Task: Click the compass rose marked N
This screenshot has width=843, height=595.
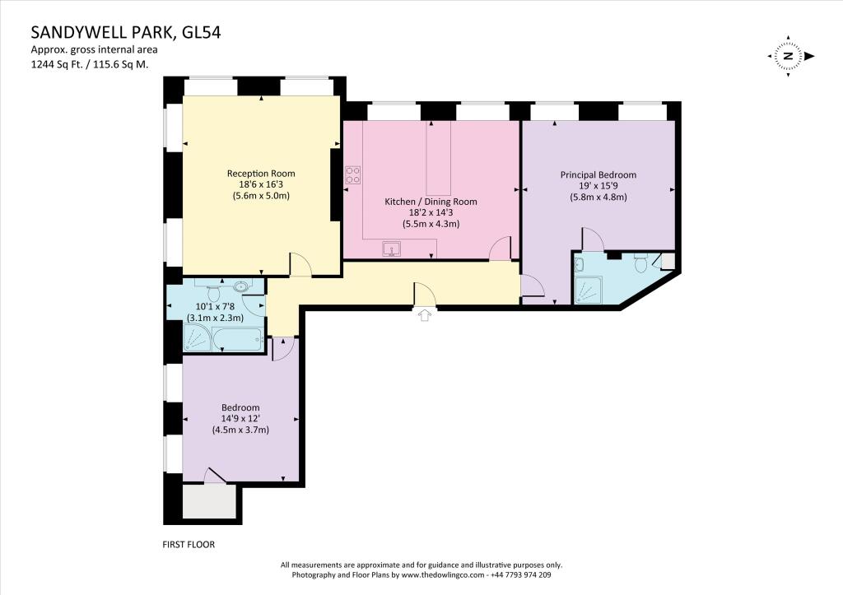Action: pos(788,56)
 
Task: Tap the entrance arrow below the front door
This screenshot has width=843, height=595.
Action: pos(425,316)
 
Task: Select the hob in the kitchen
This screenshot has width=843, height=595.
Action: pos(352,174)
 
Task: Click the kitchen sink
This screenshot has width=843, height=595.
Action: pos(391,248)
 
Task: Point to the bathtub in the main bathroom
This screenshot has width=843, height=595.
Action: pos(237,337)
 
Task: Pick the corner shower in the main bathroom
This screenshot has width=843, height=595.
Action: pos(196,337)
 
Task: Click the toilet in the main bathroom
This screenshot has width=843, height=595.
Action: pos(213,292)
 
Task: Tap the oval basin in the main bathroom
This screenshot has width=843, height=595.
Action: pos(241,287)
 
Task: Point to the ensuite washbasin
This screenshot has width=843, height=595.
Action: pos(579,263)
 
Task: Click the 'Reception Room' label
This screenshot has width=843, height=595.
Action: pos(261,174)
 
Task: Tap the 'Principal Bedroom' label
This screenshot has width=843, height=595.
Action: pos(598,175)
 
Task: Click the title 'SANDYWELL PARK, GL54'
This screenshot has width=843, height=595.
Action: pos(126,33)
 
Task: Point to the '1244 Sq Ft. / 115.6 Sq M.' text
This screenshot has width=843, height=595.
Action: pos(90,64)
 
